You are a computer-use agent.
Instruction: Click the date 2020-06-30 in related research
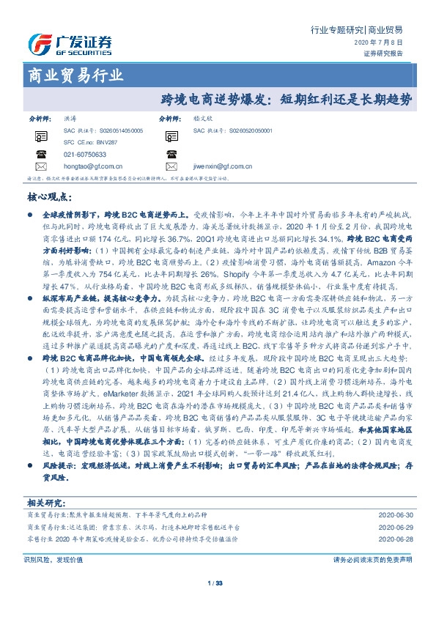[393, 515]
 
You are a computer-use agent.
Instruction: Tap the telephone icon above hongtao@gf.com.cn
[40, 155]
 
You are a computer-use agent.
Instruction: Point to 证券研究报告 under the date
[383, 53]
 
